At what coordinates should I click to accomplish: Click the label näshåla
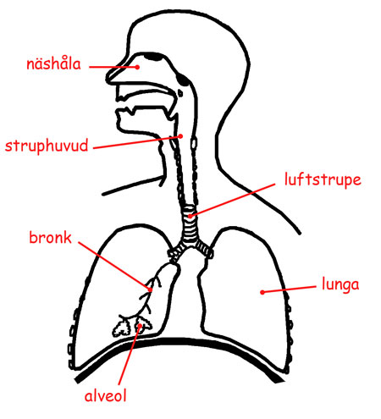click(53, 63)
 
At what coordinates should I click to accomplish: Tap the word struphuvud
click(47, 146)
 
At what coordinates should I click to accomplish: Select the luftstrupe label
click(323, 179)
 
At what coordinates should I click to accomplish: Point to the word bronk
click(51, 238)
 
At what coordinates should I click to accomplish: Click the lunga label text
click(340, 284)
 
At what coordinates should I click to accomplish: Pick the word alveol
click(105, 395)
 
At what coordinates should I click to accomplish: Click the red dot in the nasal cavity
click(137, 67)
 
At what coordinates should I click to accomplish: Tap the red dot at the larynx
click(180, 136)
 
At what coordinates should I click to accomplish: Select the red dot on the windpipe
click(190, 216)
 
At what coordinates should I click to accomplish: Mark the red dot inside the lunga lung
click(262, 292)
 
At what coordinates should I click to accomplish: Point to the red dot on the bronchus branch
click(150, 289)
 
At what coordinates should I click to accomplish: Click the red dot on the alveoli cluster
click(140, 326)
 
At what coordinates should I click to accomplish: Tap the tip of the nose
click(108, 78)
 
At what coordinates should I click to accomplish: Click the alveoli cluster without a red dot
click(122, 328)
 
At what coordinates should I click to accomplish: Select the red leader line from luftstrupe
click(233, 200)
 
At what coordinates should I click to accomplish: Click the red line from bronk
click(114, 266)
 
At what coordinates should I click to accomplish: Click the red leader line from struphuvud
click(137, 142)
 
